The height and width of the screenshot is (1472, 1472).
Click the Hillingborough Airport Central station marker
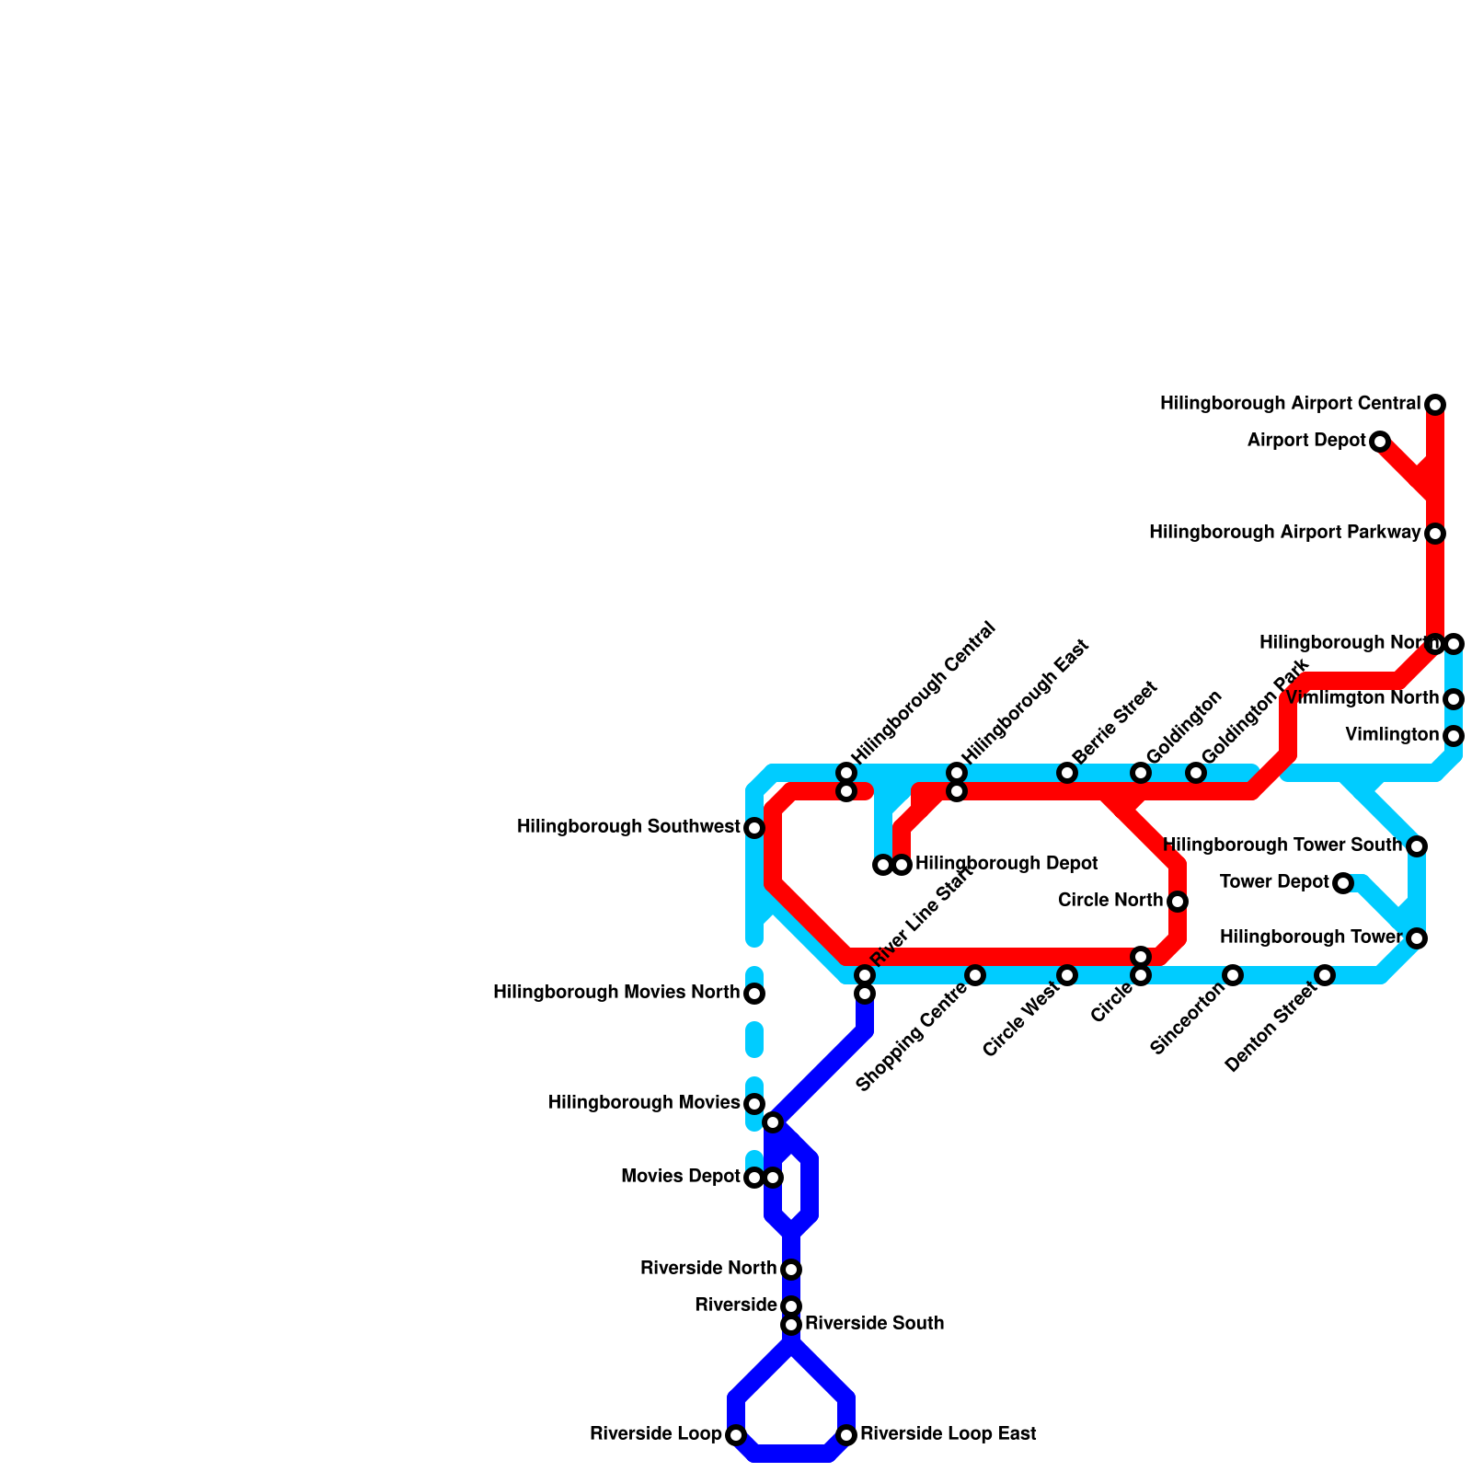(x=1435, y=405)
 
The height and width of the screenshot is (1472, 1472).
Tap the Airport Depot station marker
(x=1380, y=442)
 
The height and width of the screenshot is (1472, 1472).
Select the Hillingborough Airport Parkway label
(x=1284, y=533)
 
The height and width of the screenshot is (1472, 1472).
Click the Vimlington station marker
(x=1454, y=736)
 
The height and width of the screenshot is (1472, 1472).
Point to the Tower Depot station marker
(x=1343, y=883)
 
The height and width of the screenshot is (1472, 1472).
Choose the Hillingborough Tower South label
(x=1282, y=845)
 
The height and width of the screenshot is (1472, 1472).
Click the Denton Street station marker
(x=1325, y=975)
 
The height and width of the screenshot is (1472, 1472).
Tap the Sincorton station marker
(x=1233, y=975)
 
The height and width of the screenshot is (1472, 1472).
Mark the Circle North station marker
(x=1178, y=902)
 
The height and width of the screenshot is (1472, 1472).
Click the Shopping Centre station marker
(x=975, y=975)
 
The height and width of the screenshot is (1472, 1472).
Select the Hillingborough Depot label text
(x=1006, y=864)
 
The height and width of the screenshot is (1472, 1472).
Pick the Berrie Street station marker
(x=1067, y=773)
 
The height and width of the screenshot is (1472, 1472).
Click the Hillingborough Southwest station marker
(x=754, y=828)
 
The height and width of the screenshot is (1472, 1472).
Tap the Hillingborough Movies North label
(x=616, y=993)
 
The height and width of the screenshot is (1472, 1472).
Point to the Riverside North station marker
(x=791, y=1270)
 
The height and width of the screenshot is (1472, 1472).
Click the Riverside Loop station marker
(x=736, y=1435)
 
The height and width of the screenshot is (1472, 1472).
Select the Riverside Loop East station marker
(x=846, y=1435)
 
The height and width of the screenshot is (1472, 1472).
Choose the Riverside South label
(x=874, y=1324)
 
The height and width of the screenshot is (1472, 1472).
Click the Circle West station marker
(x=1067, y=975)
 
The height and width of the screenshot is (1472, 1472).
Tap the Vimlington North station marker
(x=1454, y=699)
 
